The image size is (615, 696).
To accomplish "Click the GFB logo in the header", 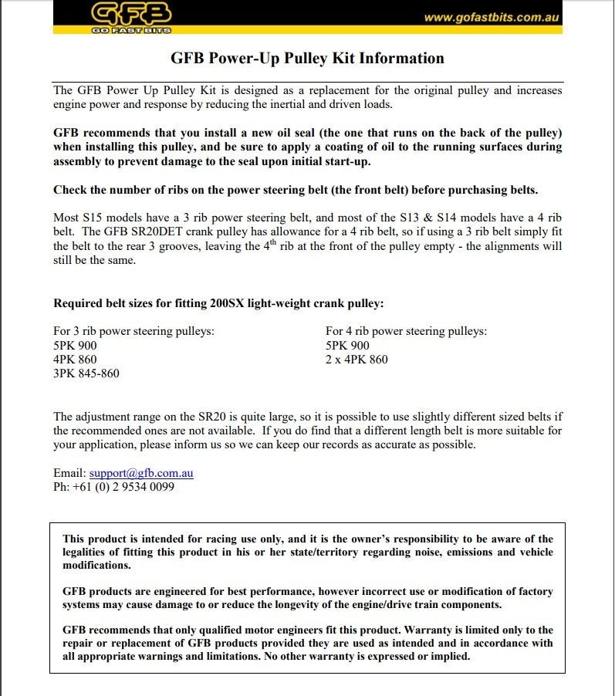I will coord(131,13).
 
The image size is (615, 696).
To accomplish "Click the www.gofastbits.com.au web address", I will coord(492,17).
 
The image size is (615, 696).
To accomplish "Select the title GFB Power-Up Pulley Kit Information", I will coord(307,58).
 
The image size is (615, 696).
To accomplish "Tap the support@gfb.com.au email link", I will coord(141,473).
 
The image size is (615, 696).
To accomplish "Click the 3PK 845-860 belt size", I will coord(86,373).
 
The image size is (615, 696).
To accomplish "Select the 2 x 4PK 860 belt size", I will coord(356,360).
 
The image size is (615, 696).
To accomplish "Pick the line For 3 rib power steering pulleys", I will coord(133,331).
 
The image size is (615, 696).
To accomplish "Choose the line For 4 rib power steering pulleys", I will coord(406,331).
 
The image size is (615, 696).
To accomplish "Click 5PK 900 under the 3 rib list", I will coord(75,346).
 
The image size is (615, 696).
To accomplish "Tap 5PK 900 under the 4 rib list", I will coord(347,346).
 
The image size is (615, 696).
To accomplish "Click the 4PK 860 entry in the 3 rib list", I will coord(75,360).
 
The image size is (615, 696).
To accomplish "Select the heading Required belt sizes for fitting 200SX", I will coord(218,302).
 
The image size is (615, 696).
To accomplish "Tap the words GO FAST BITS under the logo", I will coord(131,30).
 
